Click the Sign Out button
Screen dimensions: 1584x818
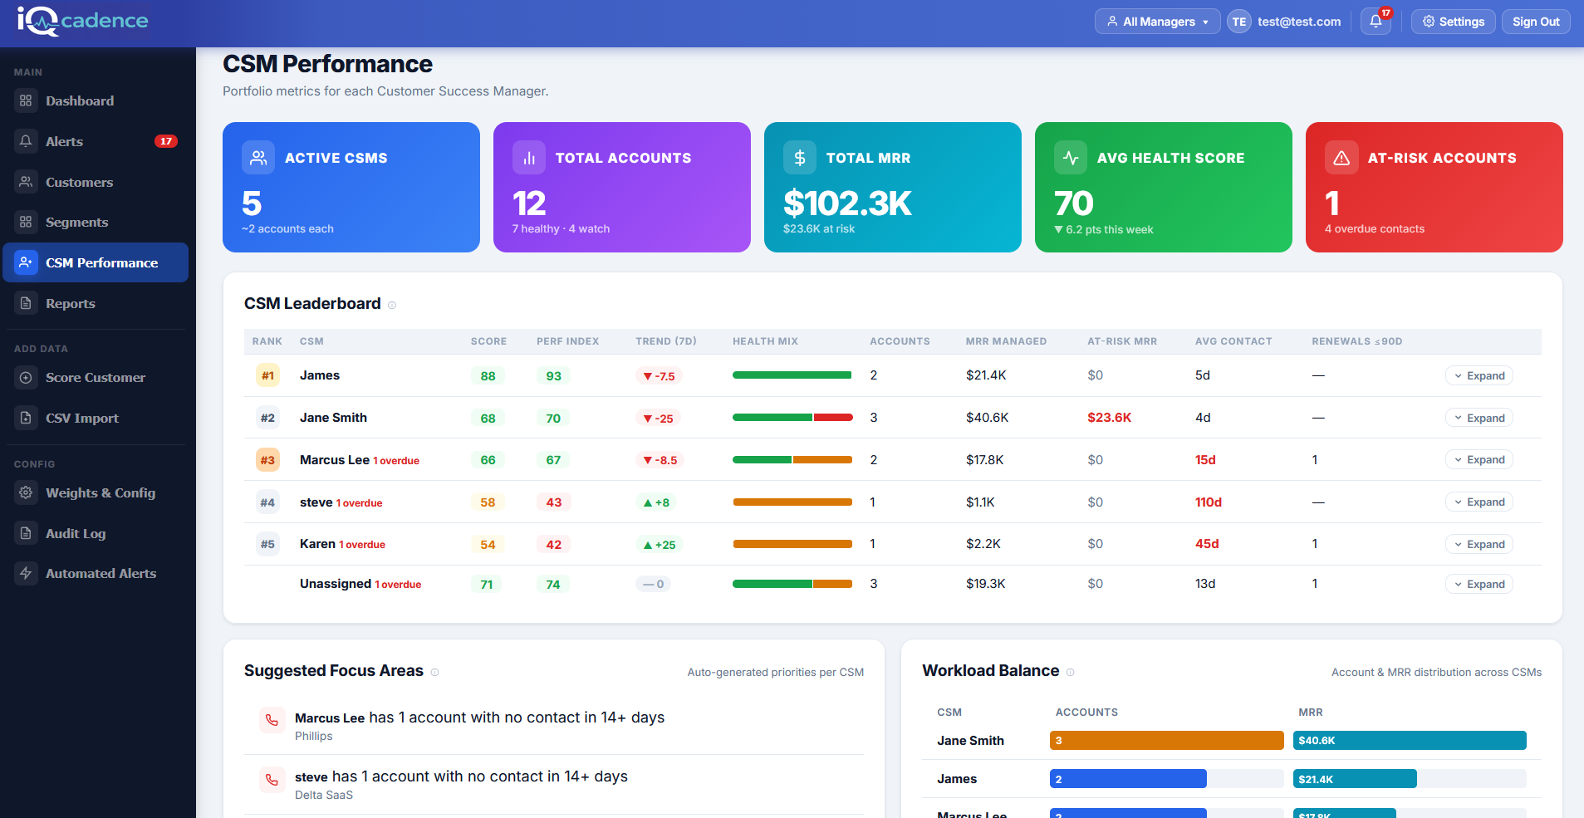point(1535,22)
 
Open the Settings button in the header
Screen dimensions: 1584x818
point(1453,22)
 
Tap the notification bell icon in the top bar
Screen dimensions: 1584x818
point(1376,22)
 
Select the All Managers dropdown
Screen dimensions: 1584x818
point(1157,22)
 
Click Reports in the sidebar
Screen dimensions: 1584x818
point(70,303)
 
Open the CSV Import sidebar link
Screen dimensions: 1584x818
point(81,418)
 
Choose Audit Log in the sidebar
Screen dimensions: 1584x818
point(75,533)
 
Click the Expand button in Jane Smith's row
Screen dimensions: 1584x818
point(1479,418)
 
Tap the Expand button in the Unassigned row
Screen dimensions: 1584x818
point(1479,584)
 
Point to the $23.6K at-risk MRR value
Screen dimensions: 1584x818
point(1109,418)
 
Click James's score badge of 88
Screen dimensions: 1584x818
point(488,376)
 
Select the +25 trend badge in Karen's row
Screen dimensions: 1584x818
point(660,545)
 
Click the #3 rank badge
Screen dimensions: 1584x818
point(267,460)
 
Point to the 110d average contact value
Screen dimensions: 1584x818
point(1208,502)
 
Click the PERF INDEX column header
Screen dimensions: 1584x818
point(567,341)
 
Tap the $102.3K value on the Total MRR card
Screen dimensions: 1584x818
point(847,203)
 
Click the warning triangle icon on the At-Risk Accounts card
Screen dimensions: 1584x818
point(1341,158)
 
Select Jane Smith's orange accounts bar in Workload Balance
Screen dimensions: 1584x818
point(1166,740)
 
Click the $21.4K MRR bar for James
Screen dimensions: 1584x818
point(1354,779)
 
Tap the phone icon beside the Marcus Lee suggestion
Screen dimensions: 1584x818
point(272,720)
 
